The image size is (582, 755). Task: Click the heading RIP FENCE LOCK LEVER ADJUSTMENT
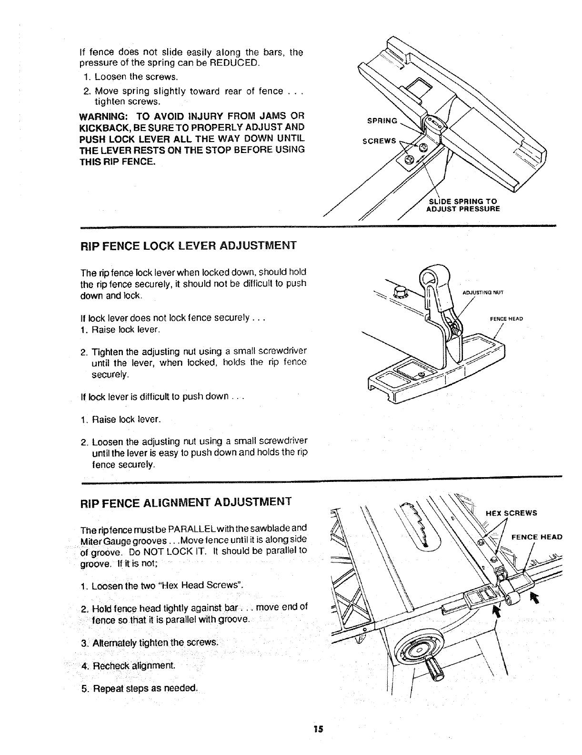(x=188, y=245)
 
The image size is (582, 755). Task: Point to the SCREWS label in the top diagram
(x=379, y=141)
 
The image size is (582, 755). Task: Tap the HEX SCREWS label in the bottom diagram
(x=511, y=513)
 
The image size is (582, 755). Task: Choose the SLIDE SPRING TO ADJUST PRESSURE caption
(x=462, y=205)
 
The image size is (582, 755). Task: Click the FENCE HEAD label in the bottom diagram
(x=537, y=537)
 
